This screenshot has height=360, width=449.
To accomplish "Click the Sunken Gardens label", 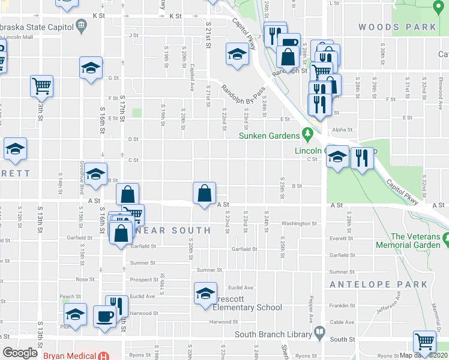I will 268,136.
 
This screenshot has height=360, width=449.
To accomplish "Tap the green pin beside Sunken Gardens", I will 308,133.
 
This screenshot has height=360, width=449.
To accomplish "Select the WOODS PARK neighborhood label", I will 397,27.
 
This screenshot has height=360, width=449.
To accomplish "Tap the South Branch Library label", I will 273,334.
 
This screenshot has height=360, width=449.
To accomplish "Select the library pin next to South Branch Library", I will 320,332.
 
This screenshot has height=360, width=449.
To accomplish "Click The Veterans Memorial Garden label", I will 408,241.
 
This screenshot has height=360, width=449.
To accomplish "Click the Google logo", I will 20,353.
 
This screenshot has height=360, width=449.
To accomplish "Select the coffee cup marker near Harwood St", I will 104,316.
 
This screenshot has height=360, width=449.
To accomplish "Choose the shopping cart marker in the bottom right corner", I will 424,341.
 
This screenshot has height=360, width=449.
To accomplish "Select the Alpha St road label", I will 342,129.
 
